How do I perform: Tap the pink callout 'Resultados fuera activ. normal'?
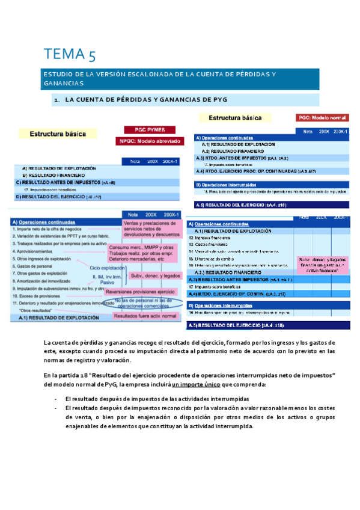click(145, 315)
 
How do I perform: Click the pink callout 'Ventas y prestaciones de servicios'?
click(152, 228)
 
